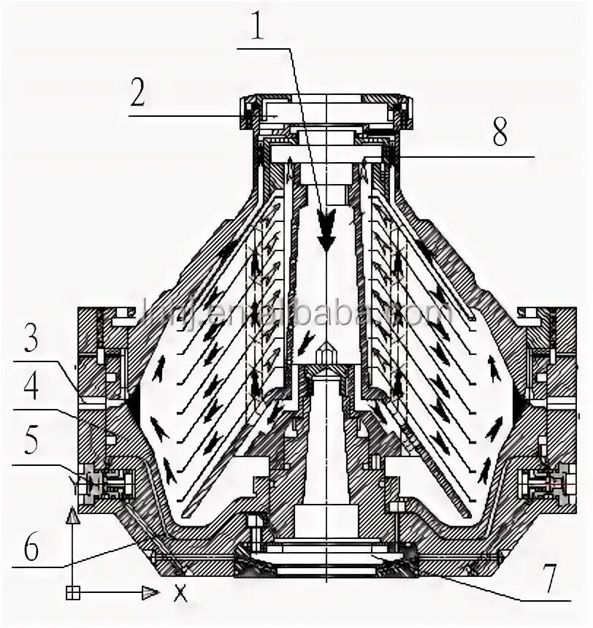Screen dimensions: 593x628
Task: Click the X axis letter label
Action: coord(180,593)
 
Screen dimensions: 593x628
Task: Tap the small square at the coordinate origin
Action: coord(72,592)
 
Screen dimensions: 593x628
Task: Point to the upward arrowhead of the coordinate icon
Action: coord(72,517)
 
